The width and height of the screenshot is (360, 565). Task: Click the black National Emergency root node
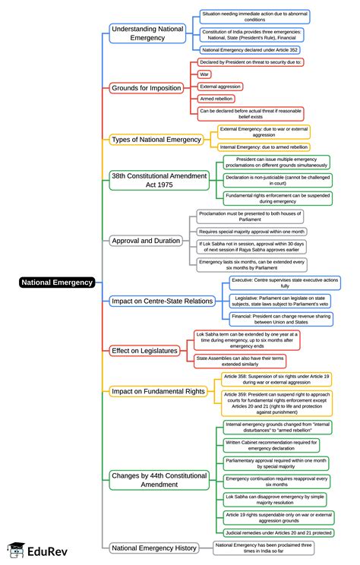click(57, 282)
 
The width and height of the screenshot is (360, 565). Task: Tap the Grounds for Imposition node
click(147, 87)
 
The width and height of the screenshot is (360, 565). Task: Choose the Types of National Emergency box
click(156, 140)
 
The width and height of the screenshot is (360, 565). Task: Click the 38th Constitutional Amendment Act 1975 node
click(159, 180)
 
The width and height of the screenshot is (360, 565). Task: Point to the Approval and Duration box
click(146, 241)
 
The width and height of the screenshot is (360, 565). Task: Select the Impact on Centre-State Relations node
click(162, 301)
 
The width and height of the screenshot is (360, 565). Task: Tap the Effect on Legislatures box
click(144, 350)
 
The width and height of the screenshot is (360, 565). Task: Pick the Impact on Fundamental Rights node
click(158, 391)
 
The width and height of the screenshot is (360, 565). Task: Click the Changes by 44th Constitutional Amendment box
click(159, 479)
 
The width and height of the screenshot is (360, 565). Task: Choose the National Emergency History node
click(154, 548)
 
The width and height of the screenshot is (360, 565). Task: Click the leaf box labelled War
click(204, 74)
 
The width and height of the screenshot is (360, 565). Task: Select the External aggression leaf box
click(219, 87)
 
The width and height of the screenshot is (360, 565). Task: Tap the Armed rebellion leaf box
click(216, 99)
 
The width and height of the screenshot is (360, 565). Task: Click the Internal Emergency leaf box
click(264, 147)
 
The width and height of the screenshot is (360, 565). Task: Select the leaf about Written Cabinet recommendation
click(275, 444)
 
